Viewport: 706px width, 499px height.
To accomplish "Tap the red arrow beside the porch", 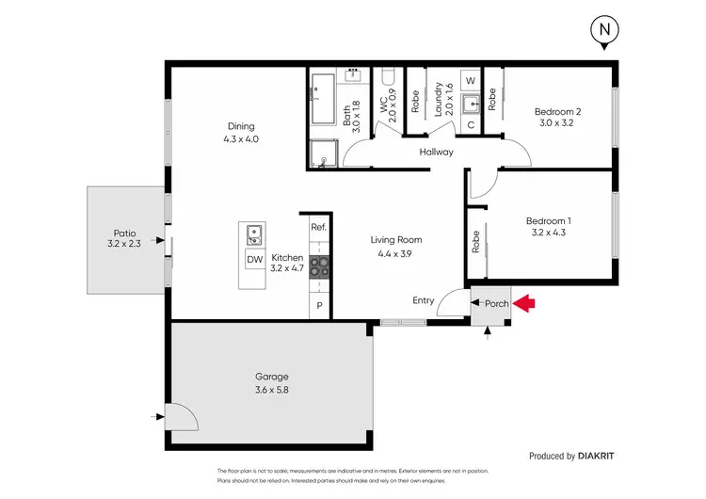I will tap(525, 303).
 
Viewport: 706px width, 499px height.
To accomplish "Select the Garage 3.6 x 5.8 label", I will tap(271, 382).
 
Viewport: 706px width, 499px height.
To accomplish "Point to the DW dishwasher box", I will tap(253, 259).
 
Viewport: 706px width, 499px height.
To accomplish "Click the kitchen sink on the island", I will tap(252, 233).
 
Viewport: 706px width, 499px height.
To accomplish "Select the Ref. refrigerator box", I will tap(318, 228).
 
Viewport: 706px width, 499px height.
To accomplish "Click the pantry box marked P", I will tap(319, 306).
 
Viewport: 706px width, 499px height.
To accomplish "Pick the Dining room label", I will tap(241, 133).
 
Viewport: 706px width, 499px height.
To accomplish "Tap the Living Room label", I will tap(394, 247).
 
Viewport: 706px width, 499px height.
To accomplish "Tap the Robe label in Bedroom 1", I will tap(477, 243).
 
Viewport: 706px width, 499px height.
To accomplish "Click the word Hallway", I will tap(437, 152).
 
